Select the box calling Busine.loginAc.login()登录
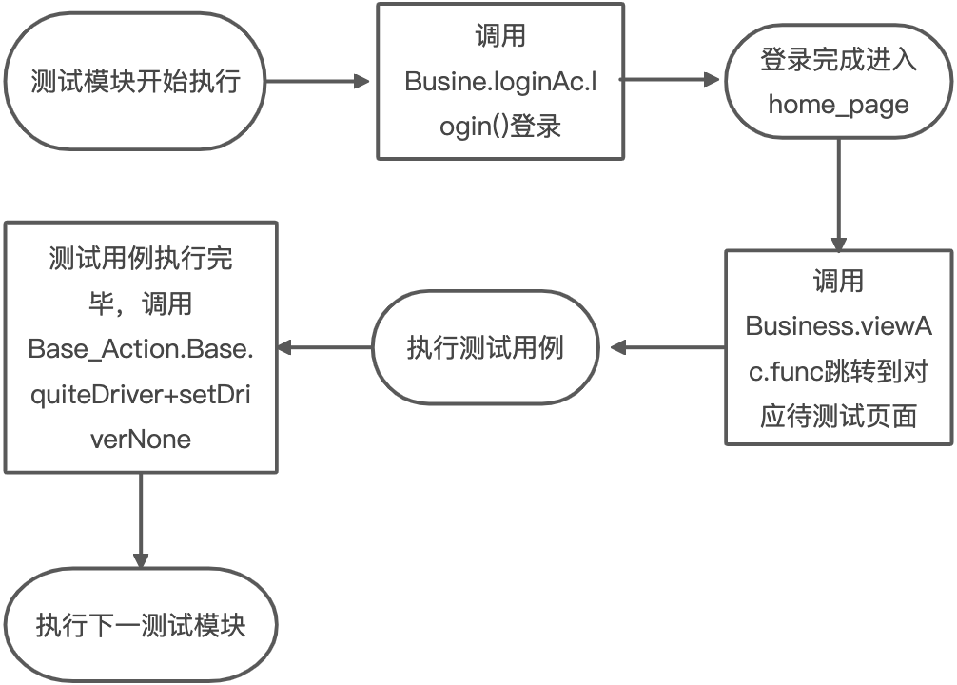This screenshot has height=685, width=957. pyautogui.click(x=500, y=81)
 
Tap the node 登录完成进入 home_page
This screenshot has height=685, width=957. pyautogui.click(x=838, y=82)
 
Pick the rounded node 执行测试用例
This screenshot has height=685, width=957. pyautogui.click(x=485, y=347)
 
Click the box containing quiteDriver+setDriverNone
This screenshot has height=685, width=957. pyautogui.click(x=141, y=347)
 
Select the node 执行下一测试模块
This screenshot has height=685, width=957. pyautogui.click(x=141, y=625)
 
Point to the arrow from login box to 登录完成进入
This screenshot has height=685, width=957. pyautogui.click(x=674, y=82)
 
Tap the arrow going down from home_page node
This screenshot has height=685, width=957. pyautogui.click(x=838, y=195)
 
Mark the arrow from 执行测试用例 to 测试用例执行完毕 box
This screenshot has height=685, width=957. pyautogui.click(x=324, y=347)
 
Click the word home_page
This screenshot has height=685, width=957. pyautogui.click(x=838, y=104)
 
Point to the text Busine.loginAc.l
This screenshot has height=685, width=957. pyautogui.click(x=500, y=82)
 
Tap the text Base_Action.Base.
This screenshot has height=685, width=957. pyautogui.click(x=141, y=348)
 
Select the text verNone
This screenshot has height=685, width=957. pyautogui.click(x=141, y=439)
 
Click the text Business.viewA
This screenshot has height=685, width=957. pyautogui.click(x=838, y=325)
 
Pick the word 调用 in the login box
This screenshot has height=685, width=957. pyautogui.click(x=500, y=36)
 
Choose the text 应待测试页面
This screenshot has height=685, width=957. pyautogui.click(x=838, y=416)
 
